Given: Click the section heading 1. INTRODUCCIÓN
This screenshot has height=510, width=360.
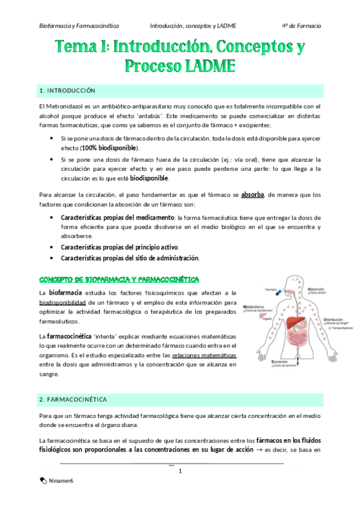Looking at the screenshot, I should pos(67,91).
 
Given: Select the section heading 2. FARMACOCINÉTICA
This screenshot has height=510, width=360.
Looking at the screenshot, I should pos(72,399).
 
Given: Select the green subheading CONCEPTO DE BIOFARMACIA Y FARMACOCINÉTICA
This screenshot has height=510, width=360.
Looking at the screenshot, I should pos(119,280).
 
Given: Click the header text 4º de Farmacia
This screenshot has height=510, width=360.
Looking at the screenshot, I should pos(301,26).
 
